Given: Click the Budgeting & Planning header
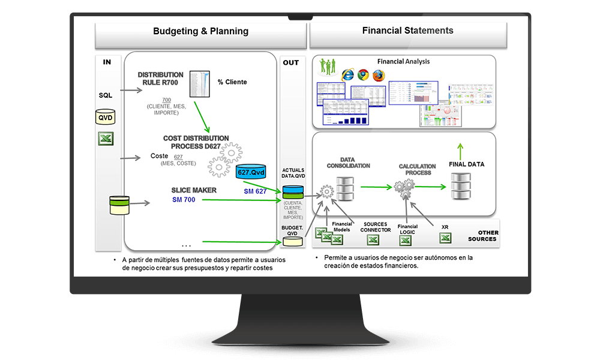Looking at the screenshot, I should tap(200, 31).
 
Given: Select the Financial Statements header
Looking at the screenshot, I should tap(408, 31).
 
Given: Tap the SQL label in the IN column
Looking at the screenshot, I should tap(106, 95).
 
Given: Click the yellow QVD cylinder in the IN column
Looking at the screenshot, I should tap(106, 117).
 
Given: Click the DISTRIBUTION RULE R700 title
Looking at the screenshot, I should tap(161, 79).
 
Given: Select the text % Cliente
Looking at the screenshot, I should tap(232, 82).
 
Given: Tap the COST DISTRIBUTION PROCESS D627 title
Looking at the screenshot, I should tap(196, 142).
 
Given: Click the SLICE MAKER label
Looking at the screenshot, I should tap(194, 190).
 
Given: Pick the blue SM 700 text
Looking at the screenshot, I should tap(184, 200).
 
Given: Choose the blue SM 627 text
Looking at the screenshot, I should tap(255, 191).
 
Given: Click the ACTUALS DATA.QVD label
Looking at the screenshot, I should tap(293, 173).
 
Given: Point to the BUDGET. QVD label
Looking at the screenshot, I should tap(293, 232).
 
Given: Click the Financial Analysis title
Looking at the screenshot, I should tap(403, 62).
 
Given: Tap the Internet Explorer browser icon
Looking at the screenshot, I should tap(347, 75).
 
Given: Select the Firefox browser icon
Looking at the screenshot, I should tap(378, 75).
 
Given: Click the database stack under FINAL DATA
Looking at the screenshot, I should tap(461, 187).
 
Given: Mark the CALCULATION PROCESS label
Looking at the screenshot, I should tap(415, 169).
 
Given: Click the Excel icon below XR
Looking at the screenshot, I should tap(445, 238).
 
